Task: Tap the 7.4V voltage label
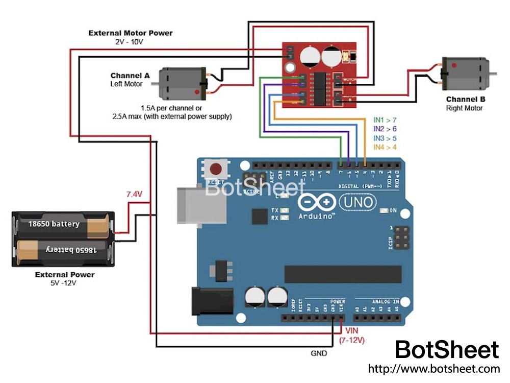tap(135, 195)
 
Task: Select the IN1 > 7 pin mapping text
tap(385, 120)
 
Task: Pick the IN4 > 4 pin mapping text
tap(385, 147)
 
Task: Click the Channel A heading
tap(131, 76)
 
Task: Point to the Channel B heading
tap(465, 99)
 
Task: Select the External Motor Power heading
tap(131, 33)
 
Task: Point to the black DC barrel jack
tap(211, 301)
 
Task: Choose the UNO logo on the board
tap(358, 203)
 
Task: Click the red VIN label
tap(352, 330)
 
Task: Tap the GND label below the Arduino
tap(319, 353)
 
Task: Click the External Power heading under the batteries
tap(65, 274)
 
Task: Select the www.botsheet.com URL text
tap(433, 368)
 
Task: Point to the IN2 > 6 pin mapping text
tap(385, 129)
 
